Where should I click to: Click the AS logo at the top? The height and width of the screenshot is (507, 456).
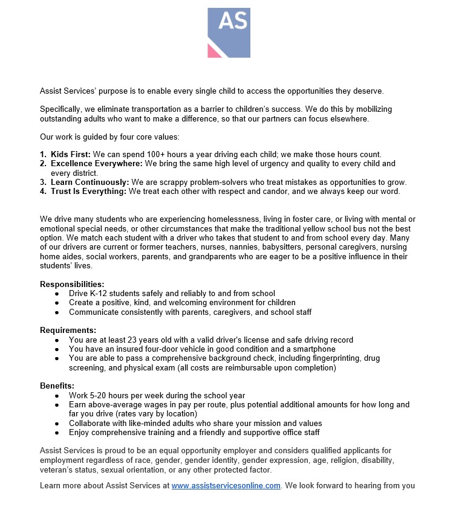pyautogui.click(x=229, y=33)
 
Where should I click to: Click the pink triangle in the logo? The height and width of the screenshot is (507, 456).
pyautogui.click(x=213, y=51)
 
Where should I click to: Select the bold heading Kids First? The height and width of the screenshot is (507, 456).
pyautogui.click(x=70, y=155)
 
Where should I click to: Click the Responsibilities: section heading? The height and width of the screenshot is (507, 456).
pyautogui.click(x=72, y=284)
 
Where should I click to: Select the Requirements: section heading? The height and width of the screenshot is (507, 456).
pyautogui.click(x=68, y=330)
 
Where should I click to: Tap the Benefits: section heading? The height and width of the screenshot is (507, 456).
pyautogui.click(x=57, y=386)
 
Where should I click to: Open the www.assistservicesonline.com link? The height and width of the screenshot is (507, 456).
pyautogui.click(x=226, y=486)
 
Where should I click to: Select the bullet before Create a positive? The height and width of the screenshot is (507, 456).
pyautogui.click(x=57, y=303)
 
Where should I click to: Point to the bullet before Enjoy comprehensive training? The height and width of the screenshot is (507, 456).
pyautogui.click(x=57, y=433)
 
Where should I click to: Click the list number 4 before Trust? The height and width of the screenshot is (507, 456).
pyautogui.click(x=43, y=192)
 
